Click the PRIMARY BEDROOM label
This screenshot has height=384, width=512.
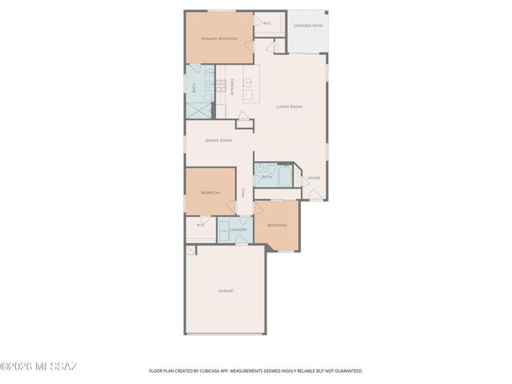point(216,38)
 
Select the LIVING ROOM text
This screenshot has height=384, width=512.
point(289,106)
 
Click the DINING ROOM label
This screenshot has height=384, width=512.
point(218,140)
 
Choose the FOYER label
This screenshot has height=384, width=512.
point(314,178)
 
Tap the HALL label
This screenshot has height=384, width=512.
point(244,192)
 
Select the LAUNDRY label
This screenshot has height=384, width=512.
point(238,230)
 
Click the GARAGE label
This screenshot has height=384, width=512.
point(226,290)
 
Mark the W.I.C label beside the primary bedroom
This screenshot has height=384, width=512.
point(267,23)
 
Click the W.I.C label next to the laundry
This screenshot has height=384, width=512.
point(201,225)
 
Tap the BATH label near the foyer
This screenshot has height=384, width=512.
point(266,177)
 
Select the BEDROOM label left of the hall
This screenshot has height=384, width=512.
point(210,193)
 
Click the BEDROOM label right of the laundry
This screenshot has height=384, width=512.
point(277,225)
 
